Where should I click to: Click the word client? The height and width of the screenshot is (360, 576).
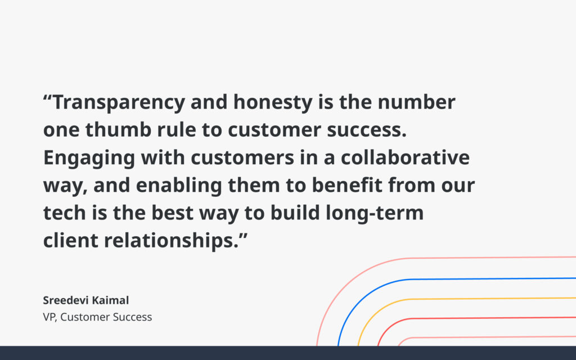(69, 240)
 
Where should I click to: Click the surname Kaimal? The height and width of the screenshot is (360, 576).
(113, 300)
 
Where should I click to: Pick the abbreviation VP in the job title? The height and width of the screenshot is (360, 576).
(49, 317)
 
